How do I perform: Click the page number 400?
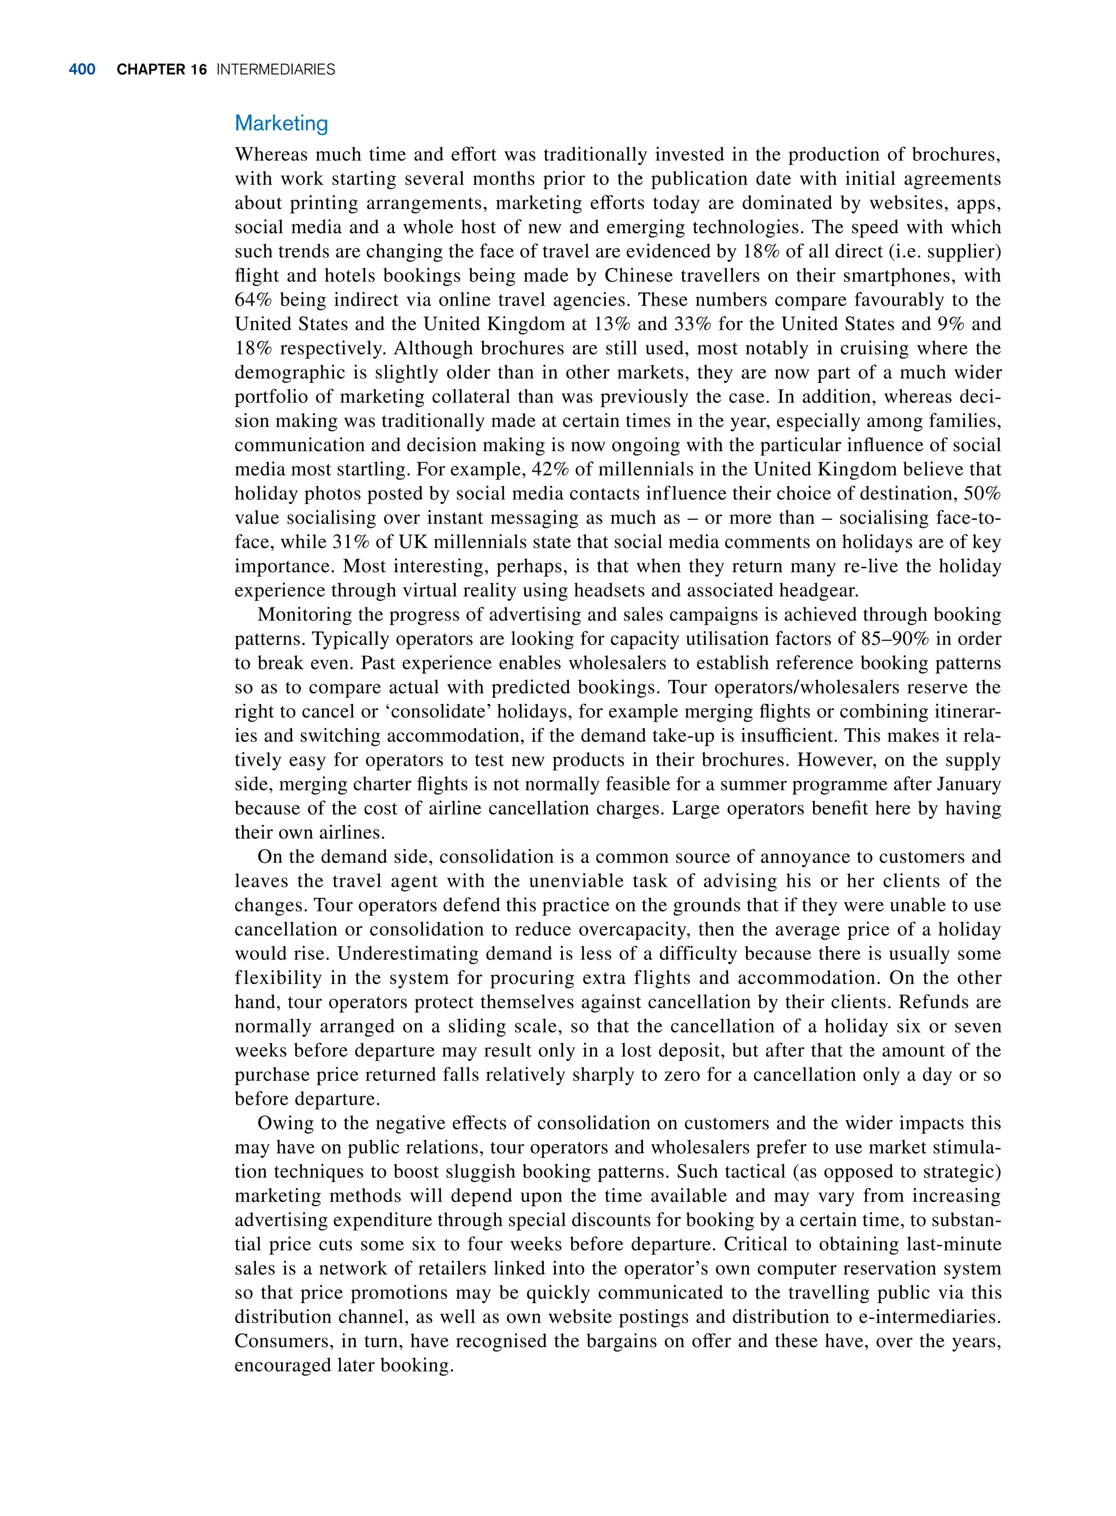(x=82, y=70)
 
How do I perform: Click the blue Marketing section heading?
(x=281, y=123)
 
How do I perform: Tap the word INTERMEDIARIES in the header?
(x=276, y=70)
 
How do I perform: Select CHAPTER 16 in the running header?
(x=161, y=70)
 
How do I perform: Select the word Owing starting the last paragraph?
(x=282, y=1123)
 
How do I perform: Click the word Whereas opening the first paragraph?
(x=270, y=155)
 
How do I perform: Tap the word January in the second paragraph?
(x=968, y=784)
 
